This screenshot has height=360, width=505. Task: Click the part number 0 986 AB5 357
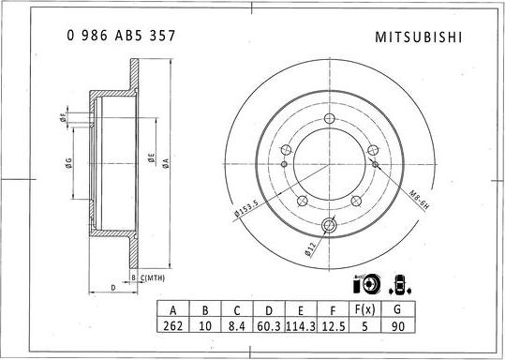[121, 36]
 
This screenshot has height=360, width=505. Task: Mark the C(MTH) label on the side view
[148, 278]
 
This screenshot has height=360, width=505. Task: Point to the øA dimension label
[165, 161]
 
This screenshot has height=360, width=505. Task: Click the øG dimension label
[68, 164]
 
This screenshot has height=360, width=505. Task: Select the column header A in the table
[172, 310]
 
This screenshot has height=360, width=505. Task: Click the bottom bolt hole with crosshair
[330, 224]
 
